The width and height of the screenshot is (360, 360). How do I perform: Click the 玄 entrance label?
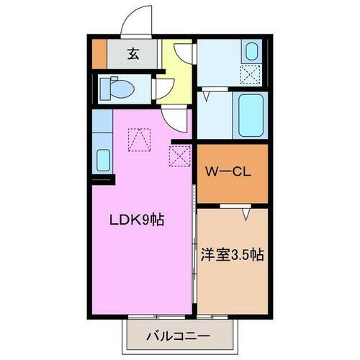coord(134,53)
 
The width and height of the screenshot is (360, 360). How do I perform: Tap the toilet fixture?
coord(115,88)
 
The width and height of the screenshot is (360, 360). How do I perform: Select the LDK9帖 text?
coord(137,221)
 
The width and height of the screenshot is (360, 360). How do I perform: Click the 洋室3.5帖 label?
coord(230,255)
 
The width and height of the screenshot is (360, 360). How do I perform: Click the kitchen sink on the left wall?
coord(102,159)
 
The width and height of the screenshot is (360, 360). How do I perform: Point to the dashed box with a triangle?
coord(138,138)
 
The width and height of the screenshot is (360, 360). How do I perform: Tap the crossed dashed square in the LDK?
coord(178,154)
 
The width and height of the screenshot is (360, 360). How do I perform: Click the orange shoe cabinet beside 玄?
coord(99,53)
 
